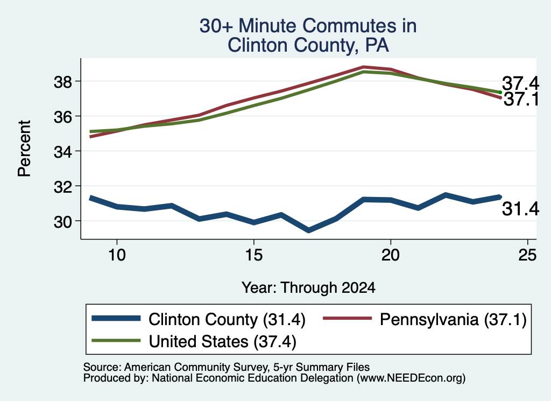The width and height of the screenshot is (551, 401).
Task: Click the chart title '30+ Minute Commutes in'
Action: pos(308,26)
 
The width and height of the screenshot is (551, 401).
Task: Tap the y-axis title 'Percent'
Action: pos(25,149)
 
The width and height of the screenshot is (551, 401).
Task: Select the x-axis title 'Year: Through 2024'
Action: pos(308,287)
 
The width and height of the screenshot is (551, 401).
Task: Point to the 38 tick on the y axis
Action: pos(63,82)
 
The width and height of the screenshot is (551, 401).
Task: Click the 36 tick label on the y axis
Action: pos(63,117)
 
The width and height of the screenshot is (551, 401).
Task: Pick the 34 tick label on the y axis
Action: pos(63,152)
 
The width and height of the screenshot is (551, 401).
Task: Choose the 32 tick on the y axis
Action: pos(63,187)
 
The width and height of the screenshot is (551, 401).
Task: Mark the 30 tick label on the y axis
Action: pos(63,222)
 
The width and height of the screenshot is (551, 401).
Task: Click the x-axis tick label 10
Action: pos(117,255)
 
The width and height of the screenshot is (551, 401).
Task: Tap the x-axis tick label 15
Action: pos(254,255)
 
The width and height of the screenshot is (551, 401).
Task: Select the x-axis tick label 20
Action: pos(391,255)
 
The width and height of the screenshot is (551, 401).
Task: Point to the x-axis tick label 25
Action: pos(527,255)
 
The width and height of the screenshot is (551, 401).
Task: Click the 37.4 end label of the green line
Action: pos(520,83)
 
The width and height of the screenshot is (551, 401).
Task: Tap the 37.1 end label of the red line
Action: pos(521,99)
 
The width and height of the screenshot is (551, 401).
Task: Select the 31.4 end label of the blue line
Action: pos(520,209)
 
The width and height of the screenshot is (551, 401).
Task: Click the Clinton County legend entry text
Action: pos(227,320)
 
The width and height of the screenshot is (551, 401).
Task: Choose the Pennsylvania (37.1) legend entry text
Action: pos(453,320)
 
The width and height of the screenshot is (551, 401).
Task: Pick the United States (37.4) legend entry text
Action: pos(222,341)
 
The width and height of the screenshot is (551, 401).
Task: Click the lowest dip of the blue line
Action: pos(308,230)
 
